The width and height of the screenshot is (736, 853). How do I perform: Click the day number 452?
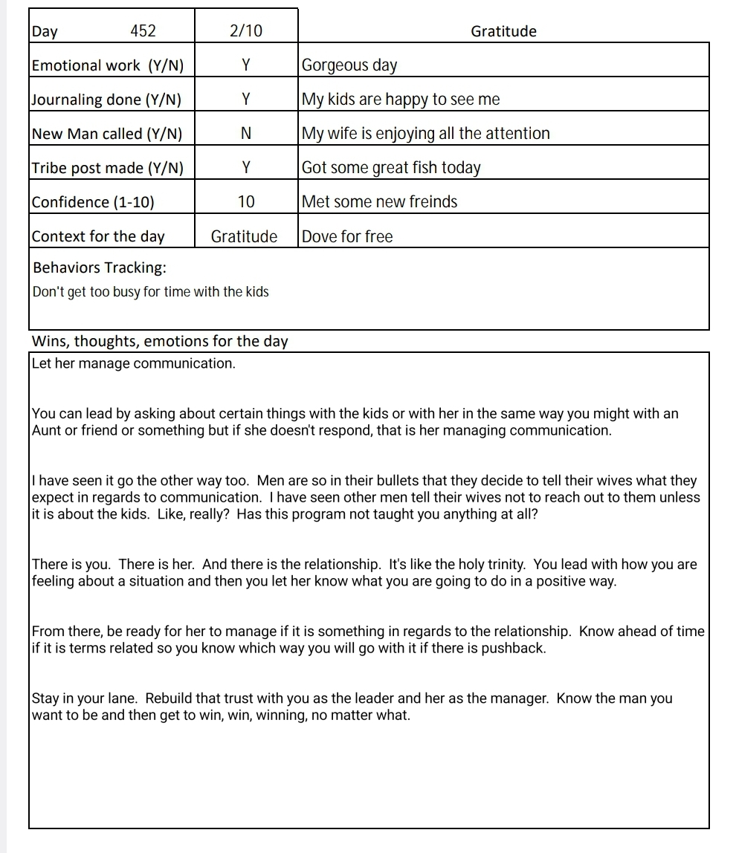pos(143,31)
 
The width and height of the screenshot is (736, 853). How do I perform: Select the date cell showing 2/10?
pos(246,31)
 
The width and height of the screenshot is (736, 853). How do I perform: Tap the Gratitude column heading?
pos(503,31)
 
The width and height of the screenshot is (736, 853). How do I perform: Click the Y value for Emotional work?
pos(246,65)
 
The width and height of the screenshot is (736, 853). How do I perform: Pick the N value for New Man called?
pos(246,134)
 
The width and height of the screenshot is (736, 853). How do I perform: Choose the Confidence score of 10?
pos(246,202)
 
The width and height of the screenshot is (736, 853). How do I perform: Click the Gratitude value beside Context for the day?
pos(244,237)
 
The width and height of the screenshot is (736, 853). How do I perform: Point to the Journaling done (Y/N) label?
pos(106,100)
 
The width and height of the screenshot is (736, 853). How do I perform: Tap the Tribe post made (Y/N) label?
pos(108,168)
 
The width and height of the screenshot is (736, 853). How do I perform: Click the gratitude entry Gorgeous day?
pos(349,65)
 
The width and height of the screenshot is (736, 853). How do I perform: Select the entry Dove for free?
pos(347,237)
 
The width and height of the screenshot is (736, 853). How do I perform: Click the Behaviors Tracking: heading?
pos(100,267)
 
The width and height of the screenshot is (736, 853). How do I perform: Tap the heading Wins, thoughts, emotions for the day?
pos(160,342)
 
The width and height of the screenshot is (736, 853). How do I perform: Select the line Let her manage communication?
pos(134,364)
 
